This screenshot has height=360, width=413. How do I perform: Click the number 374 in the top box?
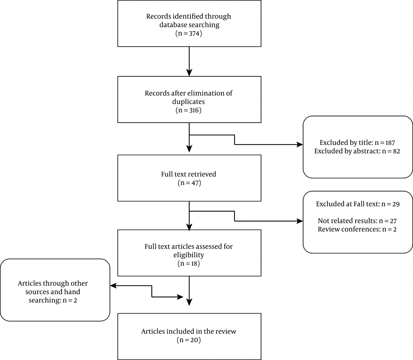195,33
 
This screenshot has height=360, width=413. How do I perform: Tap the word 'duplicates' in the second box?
189,102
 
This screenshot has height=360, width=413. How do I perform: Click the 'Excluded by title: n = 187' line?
357,143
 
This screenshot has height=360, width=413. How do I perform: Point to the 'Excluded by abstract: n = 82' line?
357,151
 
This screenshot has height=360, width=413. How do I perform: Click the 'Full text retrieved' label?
189,174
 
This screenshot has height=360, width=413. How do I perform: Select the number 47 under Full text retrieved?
195,183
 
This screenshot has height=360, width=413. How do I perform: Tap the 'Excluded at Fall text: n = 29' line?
358,204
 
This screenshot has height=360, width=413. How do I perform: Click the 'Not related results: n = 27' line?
357,221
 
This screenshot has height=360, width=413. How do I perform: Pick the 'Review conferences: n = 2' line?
357,229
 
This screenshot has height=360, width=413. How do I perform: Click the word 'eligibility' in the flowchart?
189,255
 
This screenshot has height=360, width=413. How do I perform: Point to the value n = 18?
189,264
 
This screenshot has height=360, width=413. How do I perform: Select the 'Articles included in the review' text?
189,331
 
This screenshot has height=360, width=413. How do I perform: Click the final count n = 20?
189,340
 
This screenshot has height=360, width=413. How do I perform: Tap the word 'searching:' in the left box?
45,300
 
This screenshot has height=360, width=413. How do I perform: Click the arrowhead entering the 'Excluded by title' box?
300,144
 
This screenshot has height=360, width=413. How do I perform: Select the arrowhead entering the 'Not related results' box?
300,221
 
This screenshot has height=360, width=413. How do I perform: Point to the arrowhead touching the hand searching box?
113,286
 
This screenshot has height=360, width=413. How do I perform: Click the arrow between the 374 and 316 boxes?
189,62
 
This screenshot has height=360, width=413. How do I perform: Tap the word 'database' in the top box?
172,25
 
